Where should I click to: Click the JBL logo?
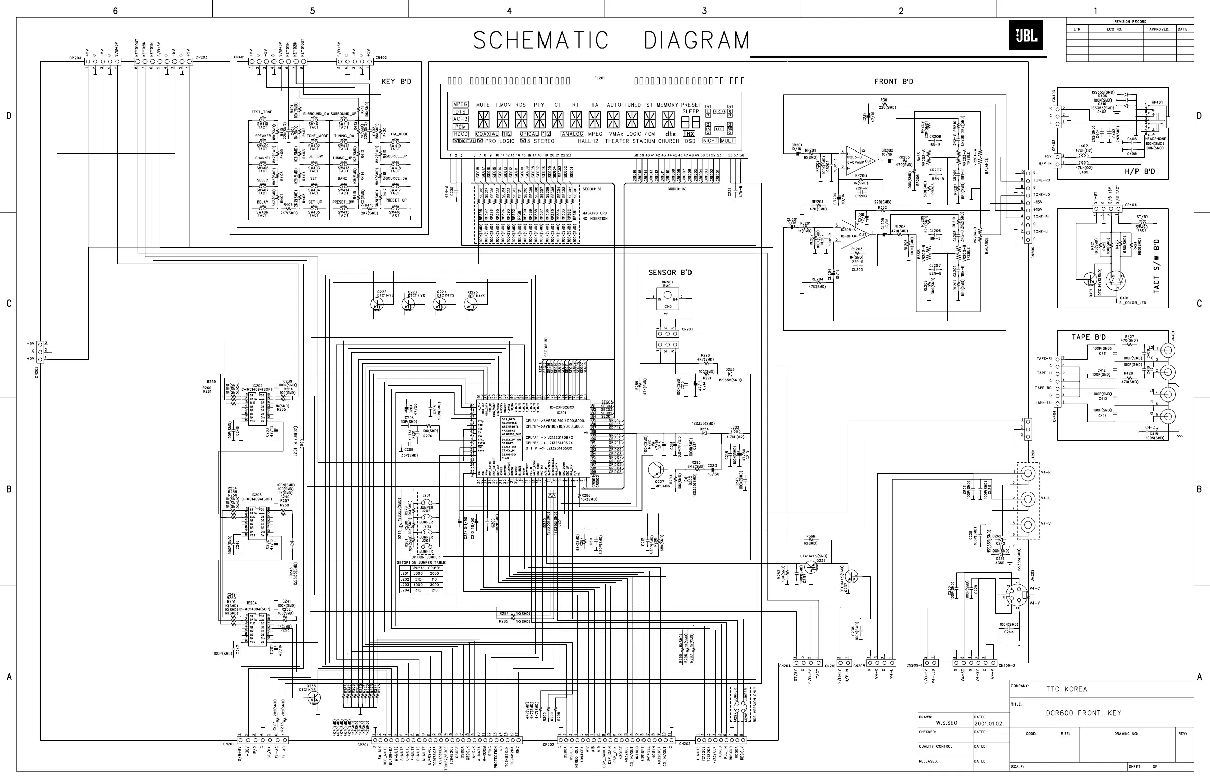coord(1025,35)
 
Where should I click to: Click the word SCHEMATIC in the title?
coord(540,40)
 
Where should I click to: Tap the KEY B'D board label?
coord(396,82)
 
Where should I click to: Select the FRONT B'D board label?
coord(894,82)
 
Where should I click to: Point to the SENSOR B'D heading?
coord(670,273)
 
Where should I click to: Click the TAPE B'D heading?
coord(1089,337)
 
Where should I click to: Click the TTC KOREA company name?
coord(1067,689)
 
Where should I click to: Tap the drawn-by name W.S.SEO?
coord(946,723)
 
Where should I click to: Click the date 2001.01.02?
coord(989,724)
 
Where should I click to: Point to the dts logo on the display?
coord(670,134)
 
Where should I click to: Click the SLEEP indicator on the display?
coord(690,111)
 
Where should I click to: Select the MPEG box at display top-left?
coord(460,104)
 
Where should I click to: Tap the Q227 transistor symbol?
coord(657,470)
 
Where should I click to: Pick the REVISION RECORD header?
coord(1130,22)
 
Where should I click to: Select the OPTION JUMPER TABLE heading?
coord(421,563)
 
